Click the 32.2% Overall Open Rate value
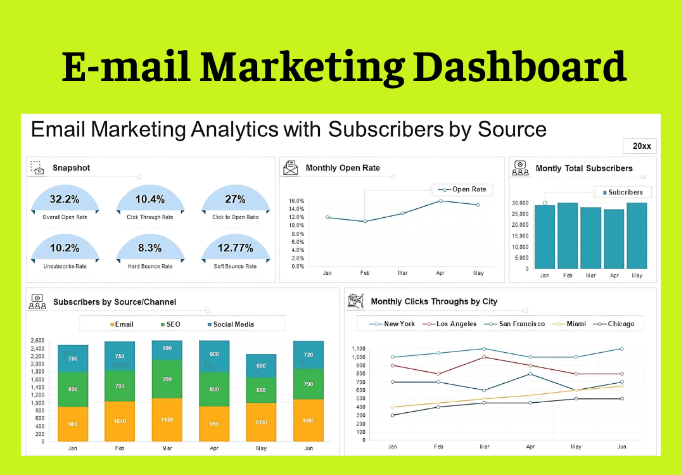pyautogui.click(x=65, y=199)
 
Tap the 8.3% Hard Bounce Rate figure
pyautogui.click(x=150, y=248)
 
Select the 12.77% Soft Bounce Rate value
pyautogui.click(x=235, y=248)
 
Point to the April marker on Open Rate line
pyautogui.click(x=440, y=201)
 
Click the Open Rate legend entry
pyautogui.click(x=463, y=189)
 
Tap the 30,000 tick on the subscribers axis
pyautogui.click(x=519, y=203)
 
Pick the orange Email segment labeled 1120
pyautogui.click(x=167, y=419)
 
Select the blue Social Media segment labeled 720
pyautogui.click(x=309, y=355)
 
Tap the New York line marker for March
pyautogui.click(x=485, y=348)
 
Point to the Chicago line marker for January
pyautogui.click(x=393, y=415)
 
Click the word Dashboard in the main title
pyautogui.click(x=519, y=66)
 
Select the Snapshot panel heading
pyautogui.click(x=71, y=168)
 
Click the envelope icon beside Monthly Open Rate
pyautogui.click(x=291, y=168)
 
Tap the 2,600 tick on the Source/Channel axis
pyautogui.click(x=37, y=341)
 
